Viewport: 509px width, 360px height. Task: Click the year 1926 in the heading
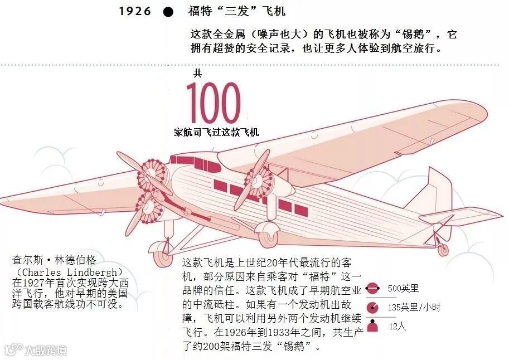(135, 12)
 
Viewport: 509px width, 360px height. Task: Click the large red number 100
(214, 104)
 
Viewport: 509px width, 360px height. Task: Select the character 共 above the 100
(197, 73)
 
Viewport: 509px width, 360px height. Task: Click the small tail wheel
(443, 250)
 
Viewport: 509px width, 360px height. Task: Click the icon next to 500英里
(372, 289)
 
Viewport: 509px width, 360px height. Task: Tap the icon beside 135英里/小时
(372, 308)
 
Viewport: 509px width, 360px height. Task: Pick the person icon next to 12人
(372, 326)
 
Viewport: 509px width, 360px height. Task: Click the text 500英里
(403, 289)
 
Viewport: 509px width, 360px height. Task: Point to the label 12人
(397, 327)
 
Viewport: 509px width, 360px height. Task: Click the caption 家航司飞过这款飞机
(216, 133)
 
